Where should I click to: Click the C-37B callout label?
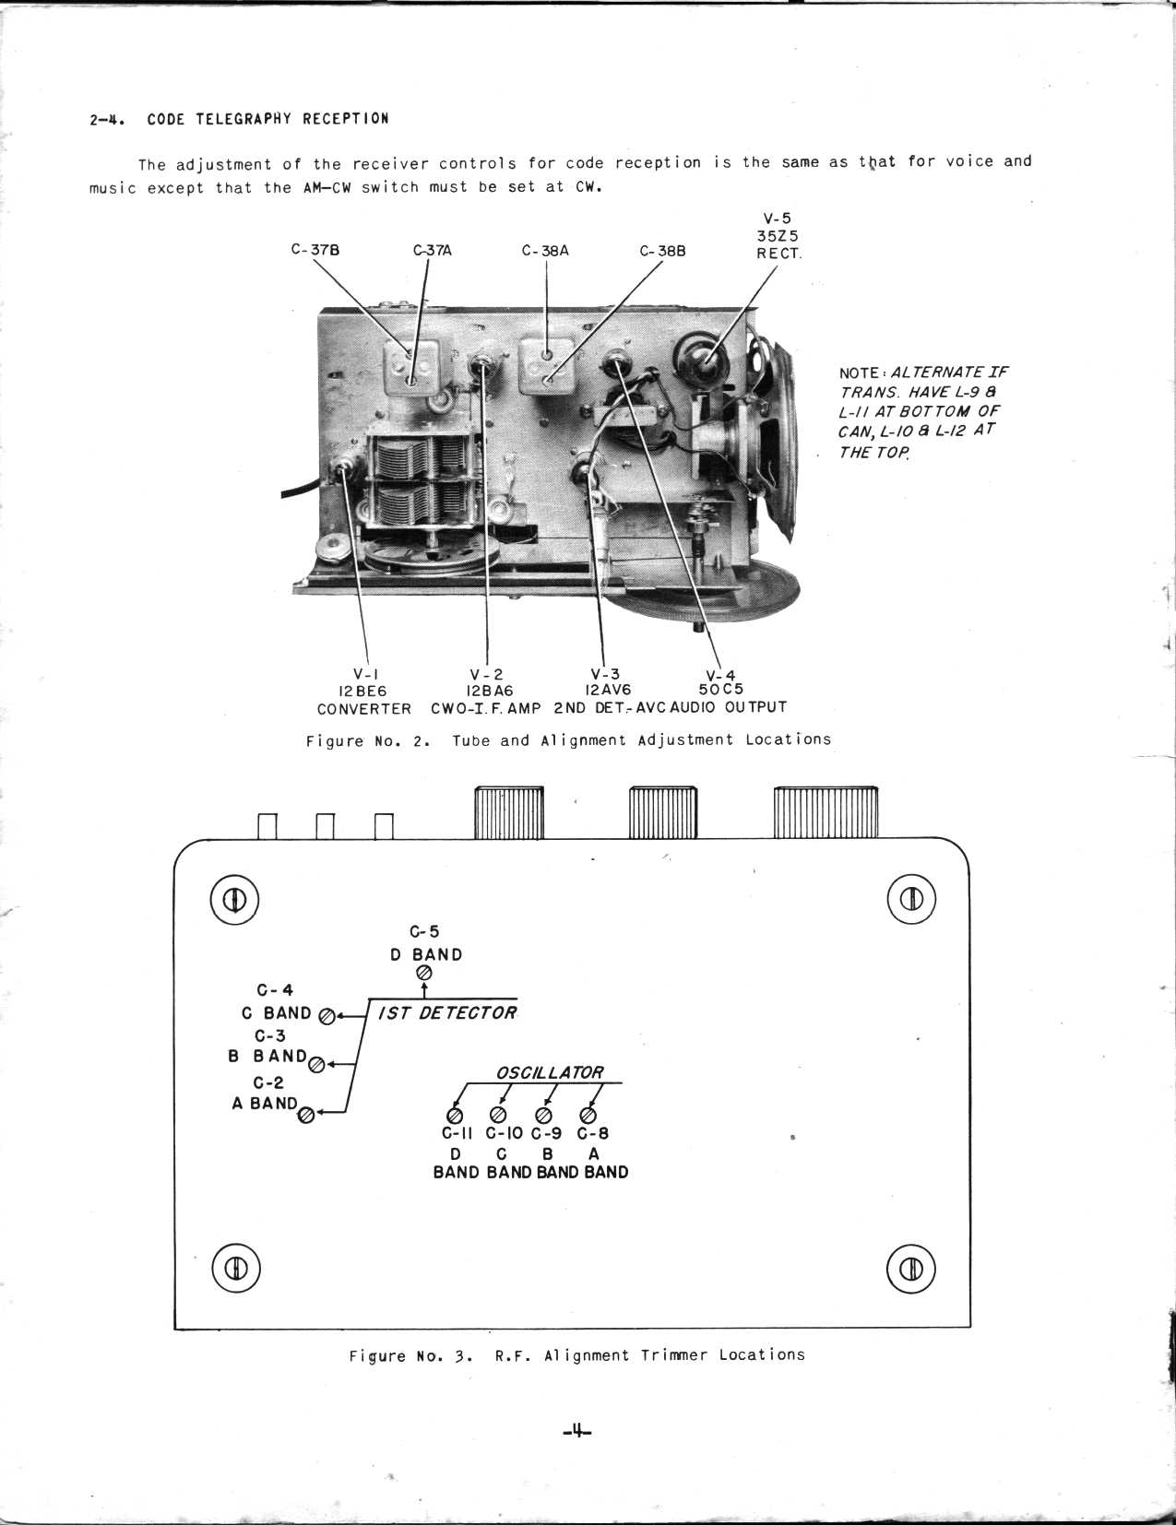pyautogui.click(x=315, y=250)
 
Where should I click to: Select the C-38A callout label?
pyautogui.click(x=545, y=250)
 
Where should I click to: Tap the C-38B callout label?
pyautogui.click(x=662, y=251)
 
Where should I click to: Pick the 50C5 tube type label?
pyautogui.click(x=721, y=690)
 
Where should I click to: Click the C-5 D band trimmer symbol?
pyautogui.click(x=424, y=974)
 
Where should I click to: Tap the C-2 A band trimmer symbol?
pyautogui.click(x=307, y=1116)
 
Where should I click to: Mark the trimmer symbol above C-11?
pyautogui.click(x=455, y=1117)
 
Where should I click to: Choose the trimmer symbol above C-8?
pyautogui.click(x=588, y=1117)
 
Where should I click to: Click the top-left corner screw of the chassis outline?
pyautogui.click(x=234, y=900)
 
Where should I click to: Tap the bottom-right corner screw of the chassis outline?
pyautogui.click(x=911, y=1270)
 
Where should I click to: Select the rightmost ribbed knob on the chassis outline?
pyautogui.click(x=826, y=812)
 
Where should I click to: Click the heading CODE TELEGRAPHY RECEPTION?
pyautogui.click(x=267, y=119)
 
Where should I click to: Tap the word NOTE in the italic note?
pyautogui.click(x=859, y=372)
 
